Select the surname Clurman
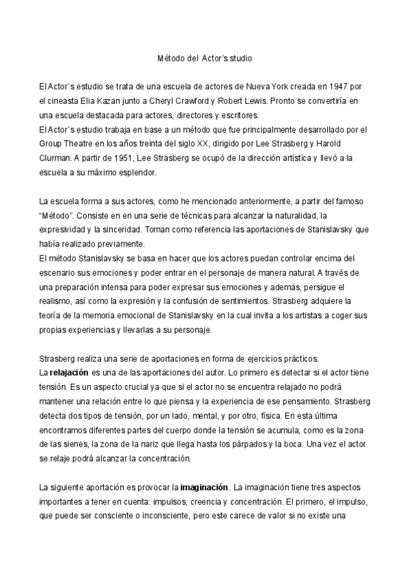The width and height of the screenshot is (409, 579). pyautogui.click(x=56, y=158)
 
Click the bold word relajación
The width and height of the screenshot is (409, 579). pyautogui.click(x=69, y=372)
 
